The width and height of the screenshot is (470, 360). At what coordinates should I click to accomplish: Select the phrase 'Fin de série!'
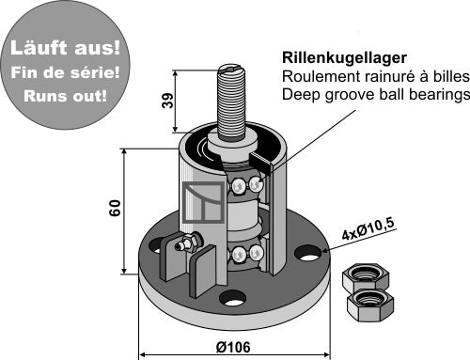59,70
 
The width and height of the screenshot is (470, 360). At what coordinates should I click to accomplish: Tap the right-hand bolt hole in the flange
306,253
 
